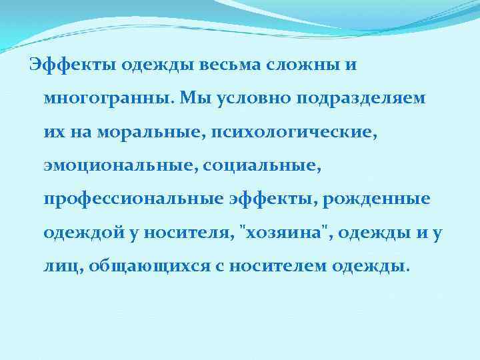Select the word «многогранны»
111,99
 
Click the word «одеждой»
77,233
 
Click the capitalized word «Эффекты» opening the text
59,65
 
